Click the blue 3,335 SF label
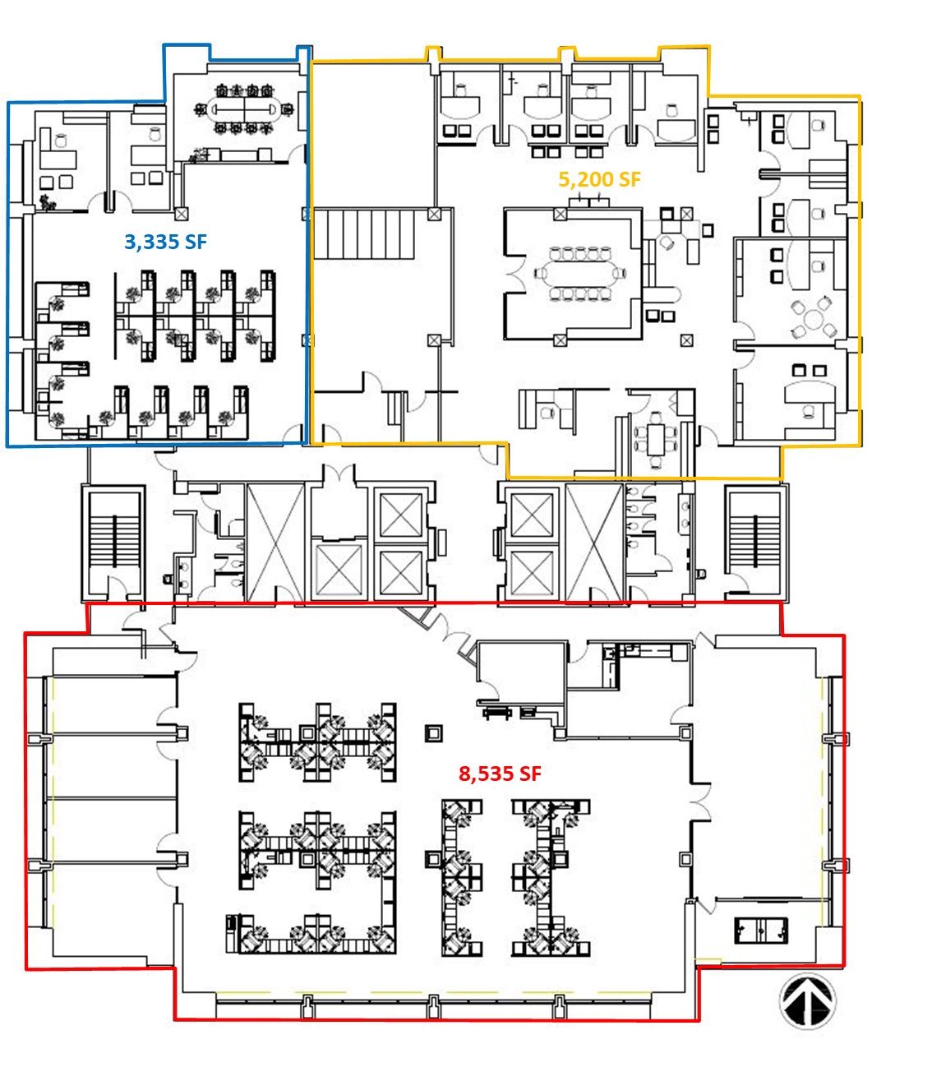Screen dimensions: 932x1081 (x=165, y=243)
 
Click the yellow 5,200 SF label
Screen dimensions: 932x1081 (x=599, y=180)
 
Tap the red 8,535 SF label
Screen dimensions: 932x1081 (x=500, y=774)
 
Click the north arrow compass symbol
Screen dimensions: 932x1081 (x=808, y=1000)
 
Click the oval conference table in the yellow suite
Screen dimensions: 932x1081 (x=579, y=274)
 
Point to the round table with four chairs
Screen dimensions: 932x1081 (x=814, y=318)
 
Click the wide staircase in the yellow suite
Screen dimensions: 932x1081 (x=364, y=233)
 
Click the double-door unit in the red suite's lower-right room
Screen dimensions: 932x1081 (x=761, y=931)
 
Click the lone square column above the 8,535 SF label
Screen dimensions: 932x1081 (x=434, y=733)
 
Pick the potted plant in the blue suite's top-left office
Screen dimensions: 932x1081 (x=48, y=202)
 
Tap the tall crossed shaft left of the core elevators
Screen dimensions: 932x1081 (x=275, y=543)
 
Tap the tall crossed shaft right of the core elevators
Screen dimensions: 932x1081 (x=594, y=543)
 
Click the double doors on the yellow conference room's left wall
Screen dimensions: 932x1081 (x=514, y=274)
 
